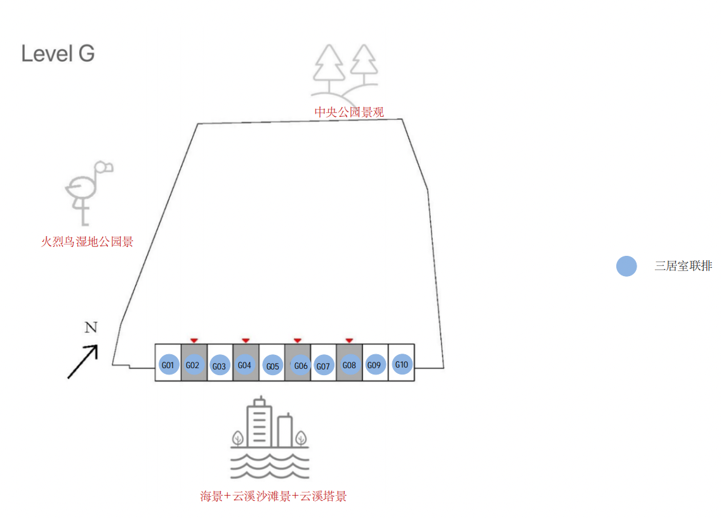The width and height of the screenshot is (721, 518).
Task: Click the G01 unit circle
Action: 168,364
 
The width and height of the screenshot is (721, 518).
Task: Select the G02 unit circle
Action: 194,364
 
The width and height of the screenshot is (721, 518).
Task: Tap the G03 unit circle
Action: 220,365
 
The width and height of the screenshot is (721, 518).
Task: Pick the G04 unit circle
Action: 245,364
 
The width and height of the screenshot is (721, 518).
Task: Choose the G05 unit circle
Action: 272,365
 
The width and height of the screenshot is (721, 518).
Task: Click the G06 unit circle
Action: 300,365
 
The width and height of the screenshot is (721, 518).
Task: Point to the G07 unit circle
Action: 323,365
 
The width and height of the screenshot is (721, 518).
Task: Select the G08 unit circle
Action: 349,364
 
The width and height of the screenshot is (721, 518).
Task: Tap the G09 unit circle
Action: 374,364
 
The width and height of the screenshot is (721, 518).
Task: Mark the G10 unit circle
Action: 401,364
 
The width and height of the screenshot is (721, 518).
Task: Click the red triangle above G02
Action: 194,341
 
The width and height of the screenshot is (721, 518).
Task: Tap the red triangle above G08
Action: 349,341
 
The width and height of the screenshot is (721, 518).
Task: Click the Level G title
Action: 58,53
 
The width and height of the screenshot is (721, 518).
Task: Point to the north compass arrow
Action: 83,362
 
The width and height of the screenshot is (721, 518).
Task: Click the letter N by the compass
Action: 91,328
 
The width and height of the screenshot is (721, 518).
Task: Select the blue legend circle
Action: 626,266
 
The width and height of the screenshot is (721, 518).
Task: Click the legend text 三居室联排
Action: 683,266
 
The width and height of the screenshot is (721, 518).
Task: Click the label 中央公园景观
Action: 349,112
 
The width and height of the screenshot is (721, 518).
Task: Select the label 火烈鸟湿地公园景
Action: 88,241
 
